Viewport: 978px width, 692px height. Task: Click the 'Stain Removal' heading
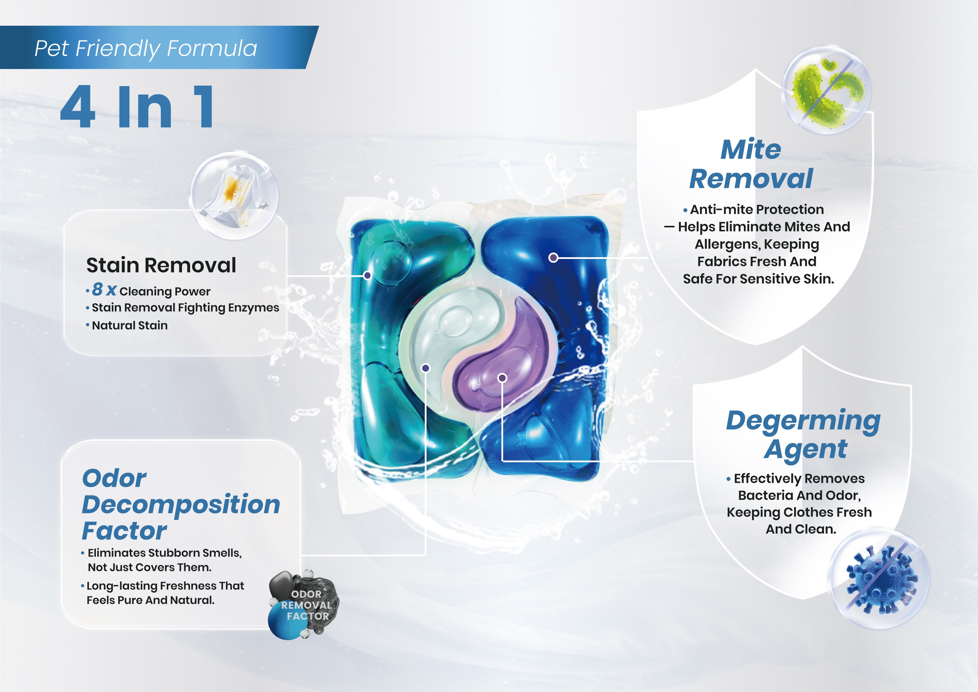pos(161,265)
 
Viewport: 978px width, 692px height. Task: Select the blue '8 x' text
pos(104,289)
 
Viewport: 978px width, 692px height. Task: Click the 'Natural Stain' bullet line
pos(130,326)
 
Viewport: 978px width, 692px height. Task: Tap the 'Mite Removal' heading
pos(751,164)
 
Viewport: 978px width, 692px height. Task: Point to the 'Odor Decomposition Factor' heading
pos(181,505)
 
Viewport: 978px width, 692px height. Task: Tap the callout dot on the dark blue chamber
pos(553,257)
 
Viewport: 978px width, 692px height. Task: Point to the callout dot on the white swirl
pos(426,368)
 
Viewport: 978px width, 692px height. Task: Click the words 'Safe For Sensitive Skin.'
pos(759,279)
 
